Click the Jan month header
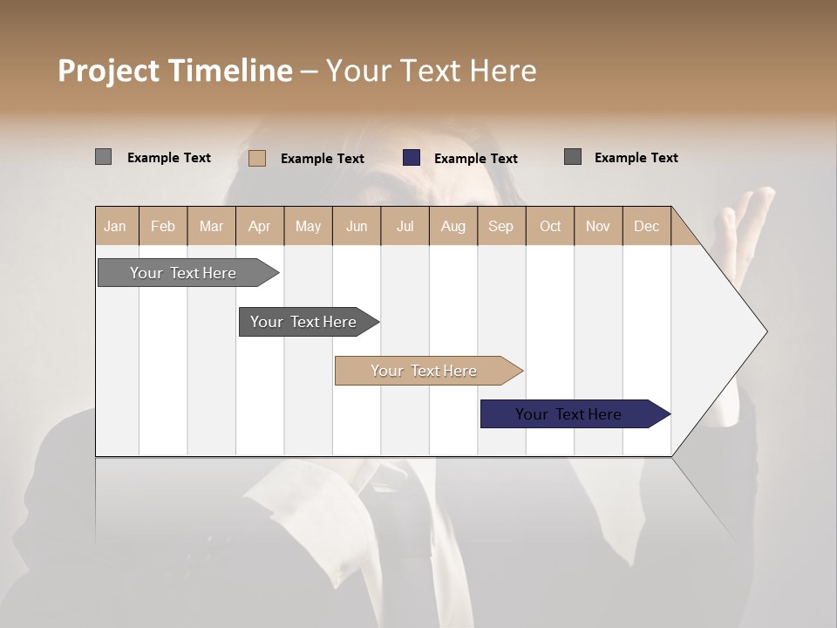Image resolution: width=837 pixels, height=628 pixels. point(115,226)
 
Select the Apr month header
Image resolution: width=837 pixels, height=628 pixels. point(259,226)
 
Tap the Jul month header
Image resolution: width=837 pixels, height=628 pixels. point(405,226)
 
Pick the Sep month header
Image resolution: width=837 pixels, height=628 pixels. point(500,226)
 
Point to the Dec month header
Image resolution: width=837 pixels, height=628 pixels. point(646,226)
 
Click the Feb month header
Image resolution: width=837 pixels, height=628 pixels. point(163,226)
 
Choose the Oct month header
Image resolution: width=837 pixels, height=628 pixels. point(550,226)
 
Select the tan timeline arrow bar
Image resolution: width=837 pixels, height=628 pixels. point(425,371)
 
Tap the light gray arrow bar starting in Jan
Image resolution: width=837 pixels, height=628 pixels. point(184,273)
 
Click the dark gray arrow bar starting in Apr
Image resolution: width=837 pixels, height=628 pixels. point(304,322)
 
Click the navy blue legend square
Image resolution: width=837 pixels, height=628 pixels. point(412,158)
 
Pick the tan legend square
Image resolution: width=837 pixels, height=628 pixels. point(257,158)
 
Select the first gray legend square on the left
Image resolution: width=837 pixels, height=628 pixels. point(103,157)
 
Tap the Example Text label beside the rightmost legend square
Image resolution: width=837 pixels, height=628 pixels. point(636,157)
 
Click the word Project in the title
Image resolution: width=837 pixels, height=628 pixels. point(107,71)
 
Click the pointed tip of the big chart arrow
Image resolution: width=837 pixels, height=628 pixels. point(765,331)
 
